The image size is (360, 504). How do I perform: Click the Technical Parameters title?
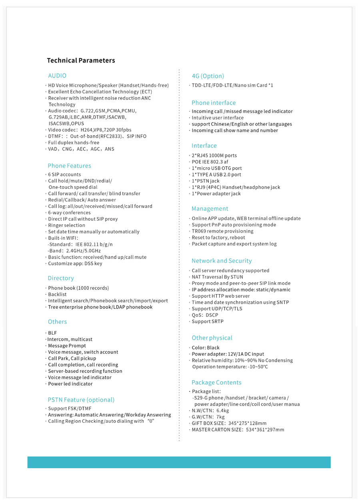(81, 60)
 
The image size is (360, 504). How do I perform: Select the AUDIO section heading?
(57, 76)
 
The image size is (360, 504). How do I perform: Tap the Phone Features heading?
(69, 166)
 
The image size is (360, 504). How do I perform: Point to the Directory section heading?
(61, 278)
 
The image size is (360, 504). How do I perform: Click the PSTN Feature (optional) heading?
(81, 400)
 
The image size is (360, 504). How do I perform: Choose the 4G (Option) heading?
(208, 76)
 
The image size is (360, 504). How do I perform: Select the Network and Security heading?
(222, 261)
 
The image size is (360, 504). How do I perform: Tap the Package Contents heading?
(216, 383)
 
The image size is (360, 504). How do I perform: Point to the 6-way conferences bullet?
(69, 213)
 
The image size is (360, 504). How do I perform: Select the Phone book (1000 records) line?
(78, 288)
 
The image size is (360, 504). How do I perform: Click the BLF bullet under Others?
(52, 333)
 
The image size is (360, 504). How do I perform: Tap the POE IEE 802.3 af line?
(210, 162)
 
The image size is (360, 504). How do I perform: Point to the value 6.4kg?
(223, 411)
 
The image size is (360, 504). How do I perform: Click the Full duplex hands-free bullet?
(73, 143)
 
